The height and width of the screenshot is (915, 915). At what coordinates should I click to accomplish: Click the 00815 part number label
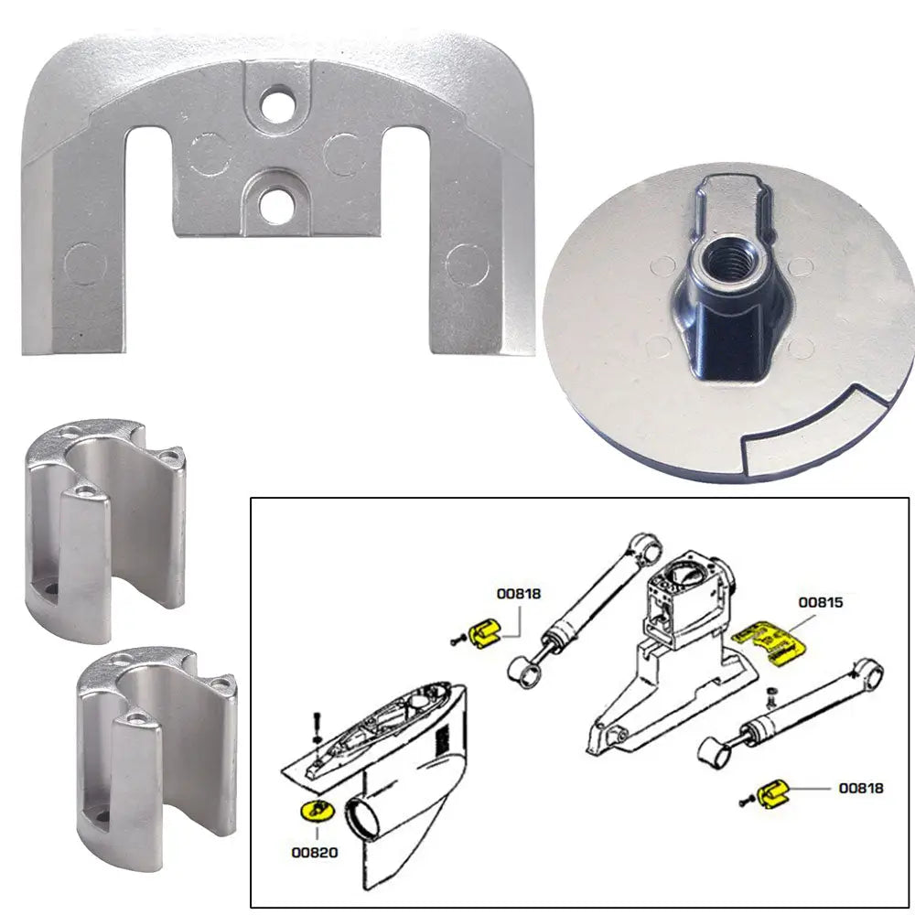click(820, 603)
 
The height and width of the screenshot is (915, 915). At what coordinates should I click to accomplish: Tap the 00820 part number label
click(315, 852)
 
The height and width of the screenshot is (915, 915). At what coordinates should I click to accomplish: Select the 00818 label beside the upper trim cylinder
click(519, 593)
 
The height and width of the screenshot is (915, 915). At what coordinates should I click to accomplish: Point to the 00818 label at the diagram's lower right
click(861, 787)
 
